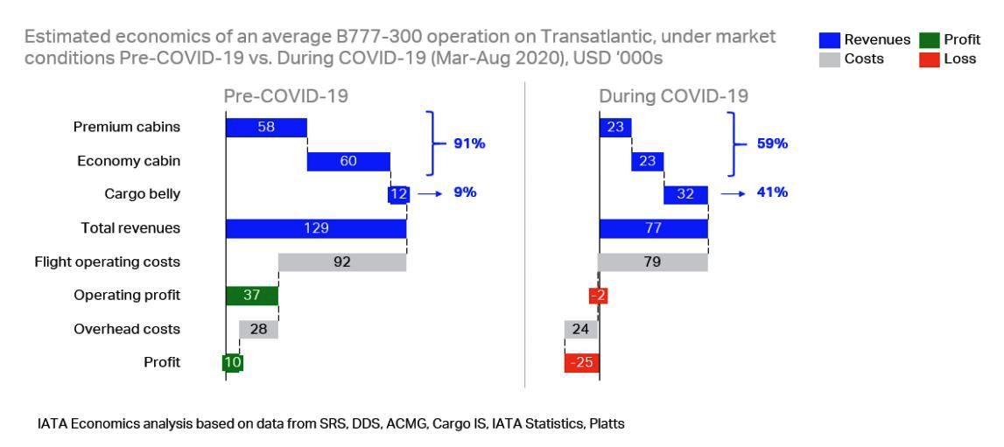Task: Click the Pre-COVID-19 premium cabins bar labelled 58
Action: pos(266,128)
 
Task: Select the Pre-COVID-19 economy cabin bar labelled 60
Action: pos(348,161)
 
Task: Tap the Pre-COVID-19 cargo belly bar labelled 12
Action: pos(398,194)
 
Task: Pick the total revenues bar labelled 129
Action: pos(316,228)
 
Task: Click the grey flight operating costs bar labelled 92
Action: pos(342,262)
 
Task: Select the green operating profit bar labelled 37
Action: pos(252,296)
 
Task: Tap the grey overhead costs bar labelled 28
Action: pos(258,329)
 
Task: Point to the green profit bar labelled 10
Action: pos(233,362)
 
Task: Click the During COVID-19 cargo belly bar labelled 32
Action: pos(685,194)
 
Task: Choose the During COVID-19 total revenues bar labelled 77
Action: pos(653,228)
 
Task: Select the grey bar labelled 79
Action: pos(652,262)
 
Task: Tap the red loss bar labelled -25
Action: pos(581,362)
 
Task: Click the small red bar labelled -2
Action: pos(598,296)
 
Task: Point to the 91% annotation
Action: pos(468,144)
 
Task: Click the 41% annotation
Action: pos(772,193)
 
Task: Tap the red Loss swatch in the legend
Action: pos(928,59)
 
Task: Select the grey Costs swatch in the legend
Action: pos(828,59)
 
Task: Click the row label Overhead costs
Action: pos(127,329)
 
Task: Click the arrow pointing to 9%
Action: pos(429,194)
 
